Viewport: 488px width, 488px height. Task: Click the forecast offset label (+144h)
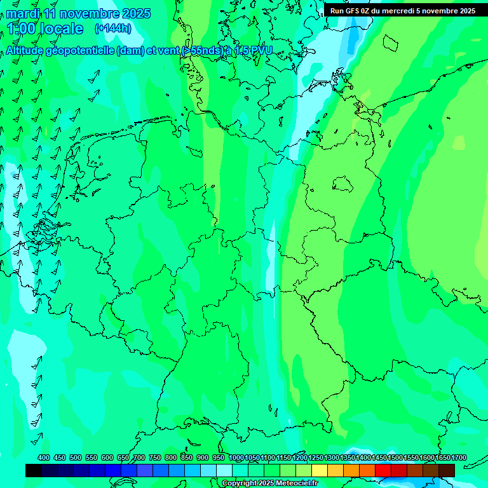[x=113, y=29]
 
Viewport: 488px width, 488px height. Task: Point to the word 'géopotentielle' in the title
[x=80, y=51]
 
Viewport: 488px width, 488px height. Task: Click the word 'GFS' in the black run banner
[x=355, y=11]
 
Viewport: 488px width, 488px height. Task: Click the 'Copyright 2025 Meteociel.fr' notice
[x=269, y=484]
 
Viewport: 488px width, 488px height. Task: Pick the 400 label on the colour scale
[x=44, y=458]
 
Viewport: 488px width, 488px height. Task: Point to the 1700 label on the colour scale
[x=459, y=458]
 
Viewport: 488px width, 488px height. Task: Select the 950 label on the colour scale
[x=219, y=458]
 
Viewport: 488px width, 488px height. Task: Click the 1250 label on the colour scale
[x=316, y=458]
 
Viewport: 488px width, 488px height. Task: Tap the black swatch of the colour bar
[x=34, y=470]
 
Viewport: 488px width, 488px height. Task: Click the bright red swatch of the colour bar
[x=383, y=470]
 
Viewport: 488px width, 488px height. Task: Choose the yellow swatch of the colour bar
[x=320, y=470]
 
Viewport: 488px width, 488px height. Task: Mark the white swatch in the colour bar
[x=224, y=470]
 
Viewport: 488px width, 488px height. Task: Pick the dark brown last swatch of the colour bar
[x=447, y=470]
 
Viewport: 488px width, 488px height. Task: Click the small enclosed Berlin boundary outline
[x=344, y=184]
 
